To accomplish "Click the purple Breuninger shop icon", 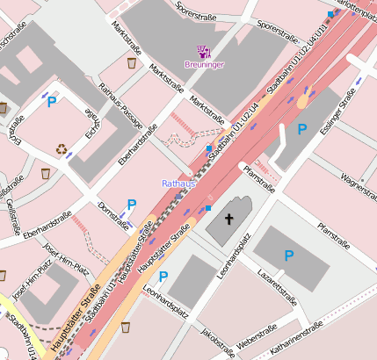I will pyautogui.click(x=204, y=51).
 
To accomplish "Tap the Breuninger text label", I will pyautogui.click(x=204, y=64).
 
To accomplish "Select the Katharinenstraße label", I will pyautogui.click(x=297, y=338).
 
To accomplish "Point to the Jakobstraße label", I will pyautogui.click(x=218, y=342).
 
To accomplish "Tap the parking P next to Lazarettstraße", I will pyautogui.click(x=288, y=256).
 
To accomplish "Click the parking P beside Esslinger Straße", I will pyautogui.click(x=301, y=130).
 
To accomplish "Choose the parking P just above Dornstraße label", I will pyautogui.click(x=132, y=205).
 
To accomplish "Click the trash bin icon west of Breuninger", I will pyautogui.click(x=131, y=63).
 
